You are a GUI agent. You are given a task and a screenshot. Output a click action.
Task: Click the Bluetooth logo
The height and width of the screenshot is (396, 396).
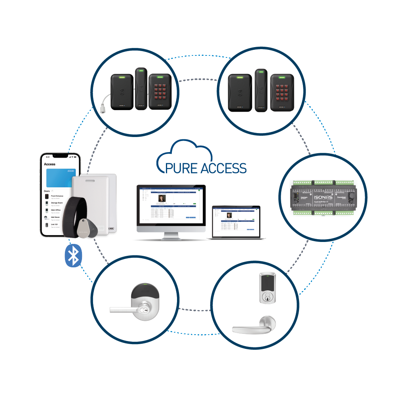pos(73,255)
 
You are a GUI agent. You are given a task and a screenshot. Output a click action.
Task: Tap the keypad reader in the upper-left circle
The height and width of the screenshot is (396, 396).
pos(160,91)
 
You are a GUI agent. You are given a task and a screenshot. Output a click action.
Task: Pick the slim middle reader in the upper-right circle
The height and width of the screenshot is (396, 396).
pos(259,90)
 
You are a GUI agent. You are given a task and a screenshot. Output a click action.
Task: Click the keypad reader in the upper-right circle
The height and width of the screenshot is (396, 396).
pos(282,91)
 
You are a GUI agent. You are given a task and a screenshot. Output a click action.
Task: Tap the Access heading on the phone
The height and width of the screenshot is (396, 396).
pos(50,164)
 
